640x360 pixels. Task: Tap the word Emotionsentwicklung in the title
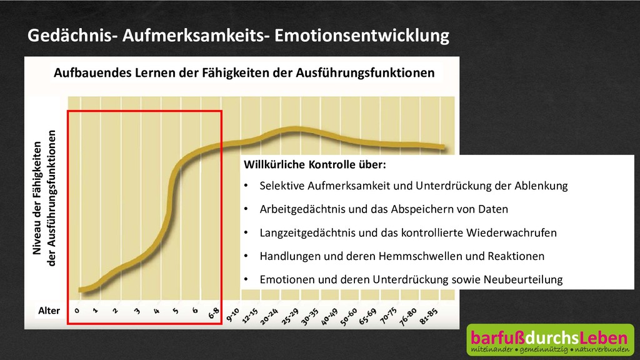pyautogui.click(x=362, y=36)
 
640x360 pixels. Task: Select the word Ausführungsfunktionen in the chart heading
pyautogui.click(x=369, y=72)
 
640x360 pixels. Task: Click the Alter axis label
pyautogui.click(x=49, y=311)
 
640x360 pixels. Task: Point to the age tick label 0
pyautogui.click(x=77, y=309)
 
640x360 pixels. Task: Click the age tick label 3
pyautogui.click(x=137, y=309)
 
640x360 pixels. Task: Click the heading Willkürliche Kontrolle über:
pyautogui.click(x=314, y=165)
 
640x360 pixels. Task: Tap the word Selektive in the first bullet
pyautogui.click(x=280, y=186)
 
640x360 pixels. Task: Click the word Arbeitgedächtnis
pyautogui.click(x=299, y=209)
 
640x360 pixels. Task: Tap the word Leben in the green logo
pyautogui.click(x=601, y=338)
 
